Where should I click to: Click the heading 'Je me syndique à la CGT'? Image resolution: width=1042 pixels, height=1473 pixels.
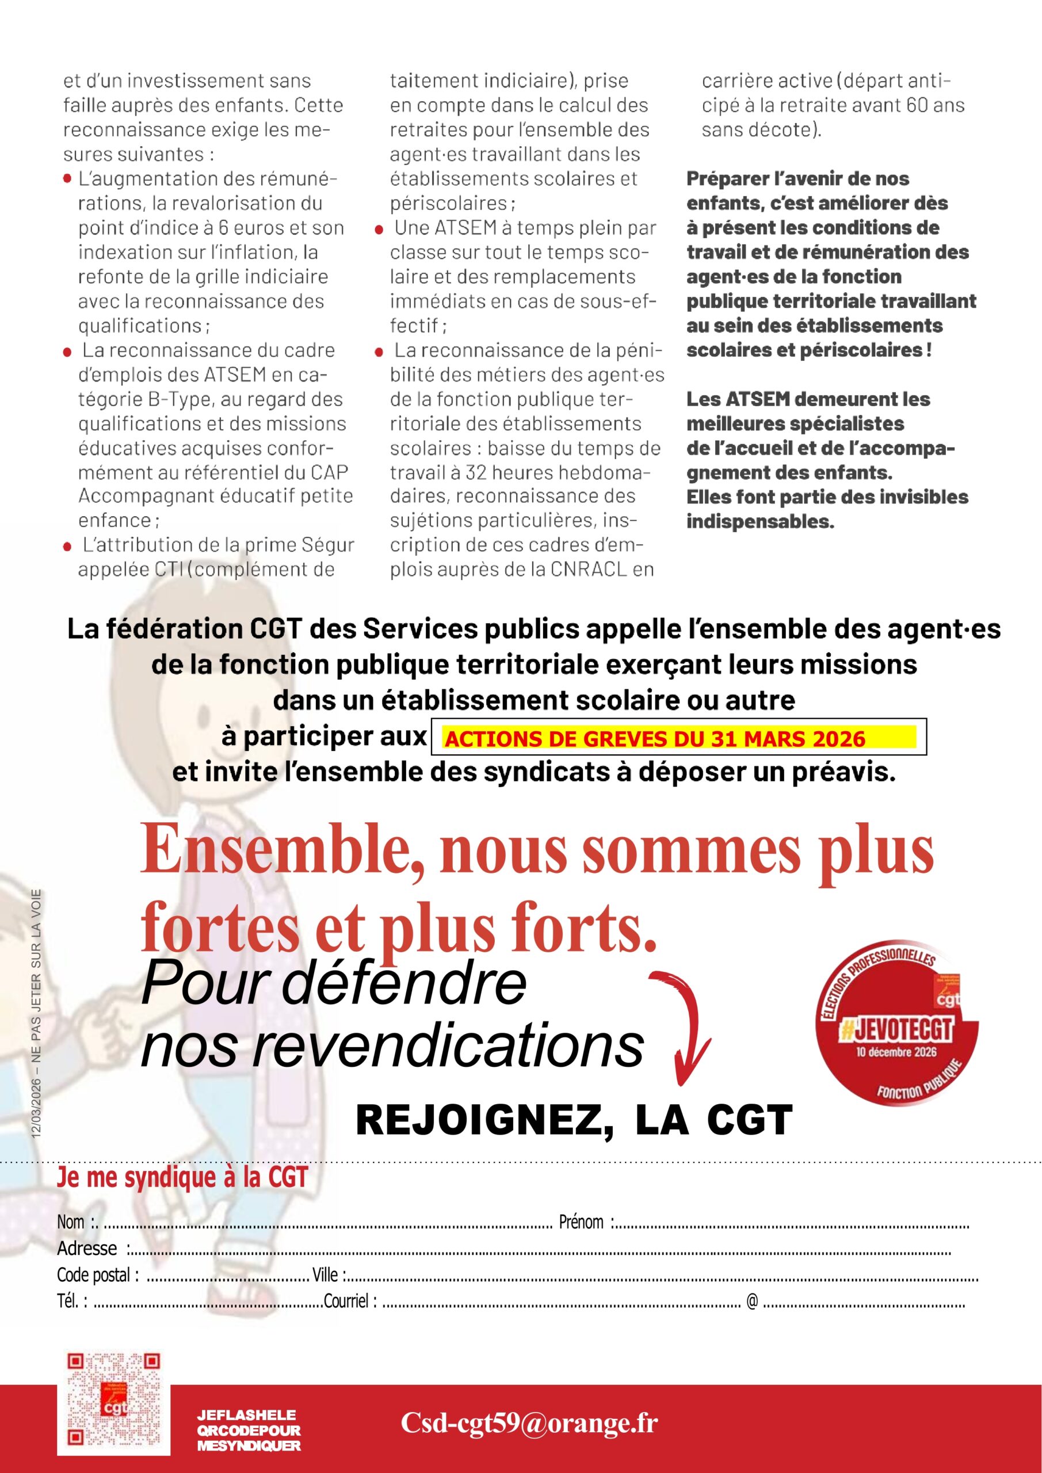(x=182, y=1178)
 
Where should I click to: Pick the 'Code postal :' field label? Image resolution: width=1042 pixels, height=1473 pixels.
(x=98, y=1274)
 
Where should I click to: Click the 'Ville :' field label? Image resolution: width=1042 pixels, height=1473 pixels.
(x=329, y=1274)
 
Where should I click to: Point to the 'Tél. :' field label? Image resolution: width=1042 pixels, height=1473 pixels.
(x=72, y=1300)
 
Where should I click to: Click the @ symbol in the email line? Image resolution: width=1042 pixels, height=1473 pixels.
(x=752, y=1300)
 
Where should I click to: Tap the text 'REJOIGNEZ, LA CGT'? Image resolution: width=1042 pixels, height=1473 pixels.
(x=574, y=1120)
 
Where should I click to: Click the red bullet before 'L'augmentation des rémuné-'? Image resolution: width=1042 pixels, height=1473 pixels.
(x=67, y=179)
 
